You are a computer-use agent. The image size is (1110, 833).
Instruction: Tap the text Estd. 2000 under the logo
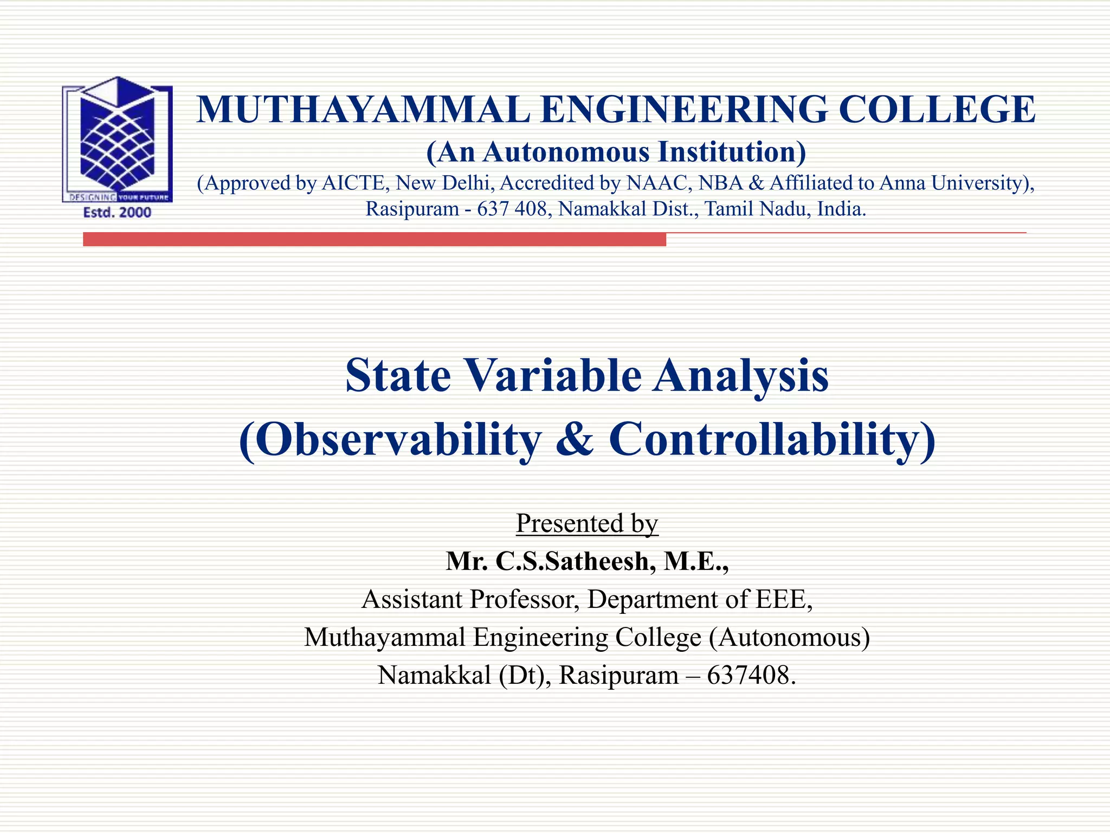click(x=117, y=213)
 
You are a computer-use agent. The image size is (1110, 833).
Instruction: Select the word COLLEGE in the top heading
click(x=937, y=110)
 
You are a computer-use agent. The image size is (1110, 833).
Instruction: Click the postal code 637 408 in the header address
click(x=512, y=209)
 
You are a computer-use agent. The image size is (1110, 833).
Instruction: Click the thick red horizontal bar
click(x=374, y=239)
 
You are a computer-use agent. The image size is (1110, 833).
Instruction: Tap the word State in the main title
click(x=398, y=375)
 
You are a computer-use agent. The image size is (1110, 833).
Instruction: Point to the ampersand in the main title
click(x=575, y=439)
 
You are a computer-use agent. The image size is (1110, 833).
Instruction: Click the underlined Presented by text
click(x=587, y=523)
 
